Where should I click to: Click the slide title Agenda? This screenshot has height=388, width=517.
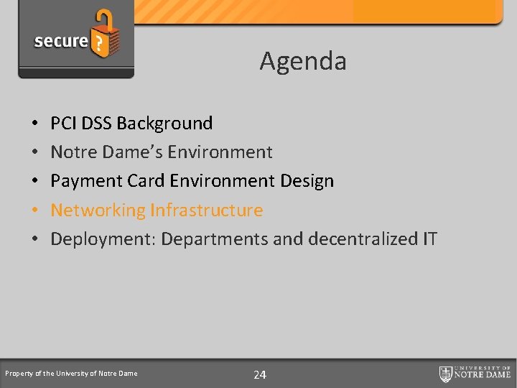tap(303, 61)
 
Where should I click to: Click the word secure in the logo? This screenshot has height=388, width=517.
tap(60, 41)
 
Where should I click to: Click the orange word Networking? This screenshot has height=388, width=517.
tap(98, 211)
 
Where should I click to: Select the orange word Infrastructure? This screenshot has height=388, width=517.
tap(206, 211)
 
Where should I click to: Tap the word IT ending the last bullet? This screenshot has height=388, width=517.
tap(429, 239)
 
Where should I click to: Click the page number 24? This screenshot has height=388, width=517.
tap(260, 374)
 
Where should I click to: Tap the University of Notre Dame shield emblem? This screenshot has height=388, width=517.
tap(446, 374)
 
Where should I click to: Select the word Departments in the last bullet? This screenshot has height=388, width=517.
tap(210, 239)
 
